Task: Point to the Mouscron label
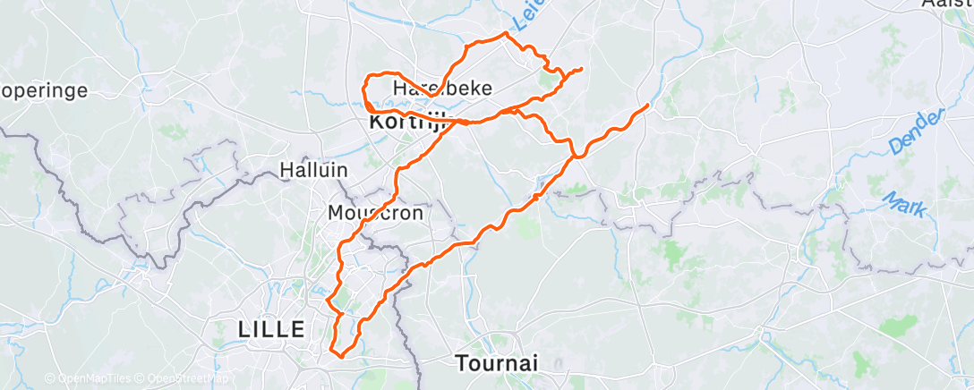[x=375, y=213]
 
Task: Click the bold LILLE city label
[x=272, y=328]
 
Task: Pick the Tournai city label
[x=497, y=363]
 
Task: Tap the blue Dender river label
[x=918, y=131]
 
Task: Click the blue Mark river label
[x=904, y=204]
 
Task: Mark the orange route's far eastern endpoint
[x=647, y=106]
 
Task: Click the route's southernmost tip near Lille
[x=339, y=356]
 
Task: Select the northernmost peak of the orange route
[x=507, y=33]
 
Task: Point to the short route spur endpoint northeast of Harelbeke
[x=582, y=69]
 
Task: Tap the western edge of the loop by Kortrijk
[x=363, y=90]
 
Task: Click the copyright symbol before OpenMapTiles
[x=50, y=378]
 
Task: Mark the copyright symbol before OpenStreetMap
[x=141, y=378]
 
